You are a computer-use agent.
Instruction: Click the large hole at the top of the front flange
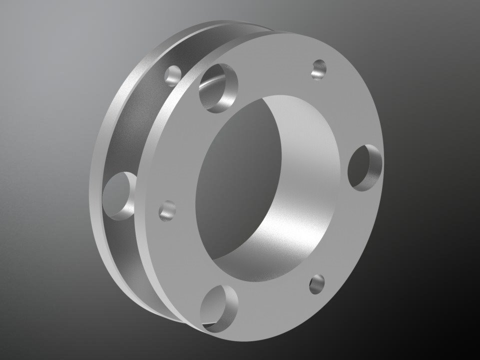[219, 87]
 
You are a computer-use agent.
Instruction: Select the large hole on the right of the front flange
[365, 166]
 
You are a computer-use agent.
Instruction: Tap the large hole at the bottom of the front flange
[220, 306]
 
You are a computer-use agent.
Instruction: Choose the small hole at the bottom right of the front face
[317, 283]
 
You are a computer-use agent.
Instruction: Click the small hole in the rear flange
[173, 75]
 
